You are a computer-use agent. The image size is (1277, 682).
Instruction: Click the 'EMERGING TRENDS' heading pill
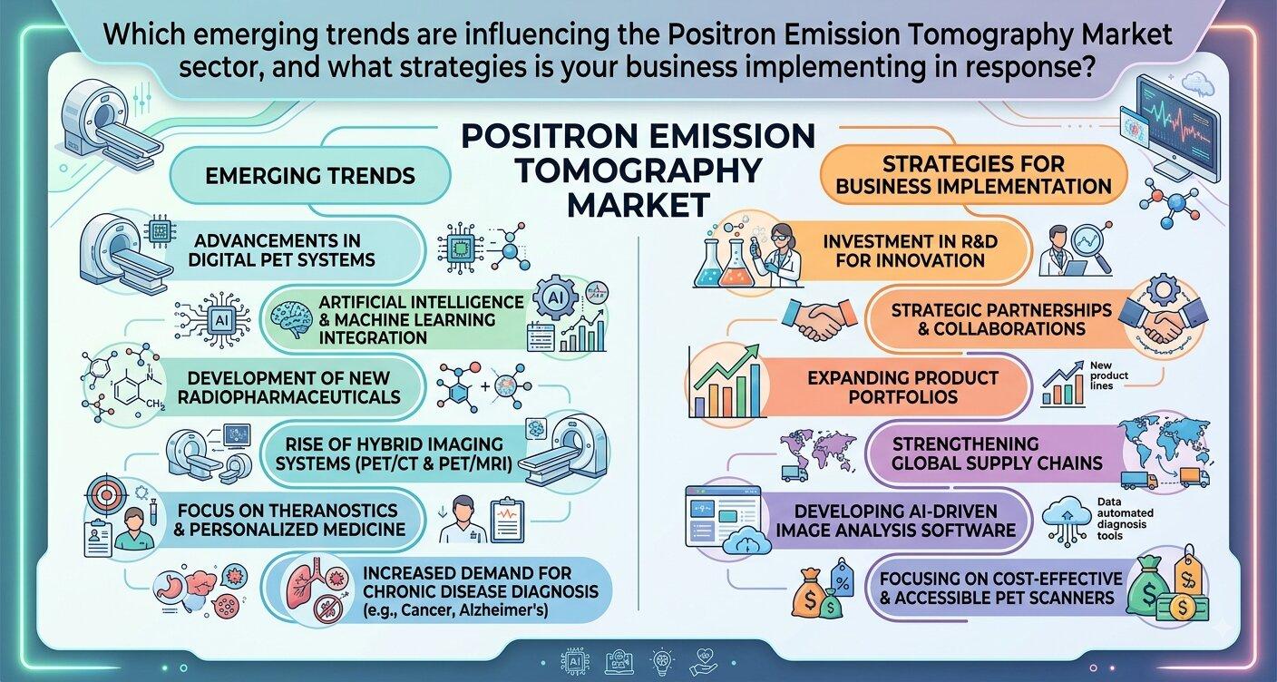[x=310, y=175]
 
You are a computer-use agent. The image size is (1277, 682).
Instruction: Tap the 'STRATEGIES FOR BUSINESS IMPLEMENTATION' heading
[x=974, y=175]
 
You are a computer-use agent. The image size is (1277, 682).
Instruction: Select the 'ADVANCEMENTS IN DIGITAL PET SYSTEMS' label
[x=282, y=250]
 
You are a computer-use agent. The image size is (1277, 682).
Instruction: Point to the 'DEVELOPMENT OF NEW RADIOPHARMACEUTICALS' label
[x=289, y=387]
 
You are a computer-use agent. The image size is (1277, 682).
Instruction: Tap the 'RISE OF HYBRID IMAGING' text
[x=394, y=443]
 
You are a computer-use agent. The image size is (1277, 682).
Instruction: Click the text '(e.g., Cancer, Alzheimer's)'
[x=455, y=610]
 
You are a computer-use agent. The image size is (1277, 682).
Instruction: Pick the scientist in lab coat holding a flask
[x=782, y=255]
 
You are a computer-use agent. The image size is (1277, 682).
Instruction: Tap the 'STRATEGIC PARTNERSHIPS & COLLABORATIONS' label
[x=1001, y=319]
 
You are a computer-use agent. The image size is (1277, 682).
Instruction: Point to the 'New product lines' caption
[x=1109, y=375]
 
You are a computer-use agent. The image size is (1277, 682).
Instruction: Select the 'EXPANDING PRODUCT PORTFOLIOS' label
[x=903, y=387]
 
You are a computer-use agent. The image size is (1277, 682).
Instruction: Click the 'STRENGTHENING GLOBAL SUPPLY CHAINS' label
[x=997, y=453]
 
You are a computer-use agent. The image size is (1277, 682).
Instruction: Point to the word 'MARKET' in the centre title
[x=638, y=205]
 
